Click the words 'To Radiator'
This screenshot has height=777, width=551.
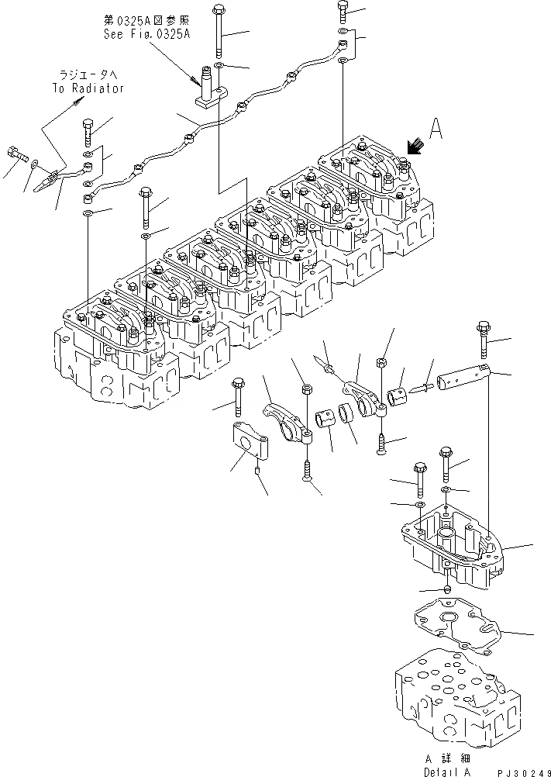pos(89,88)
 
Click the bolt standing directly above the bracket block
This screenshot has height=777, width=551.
pos(237,395)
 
